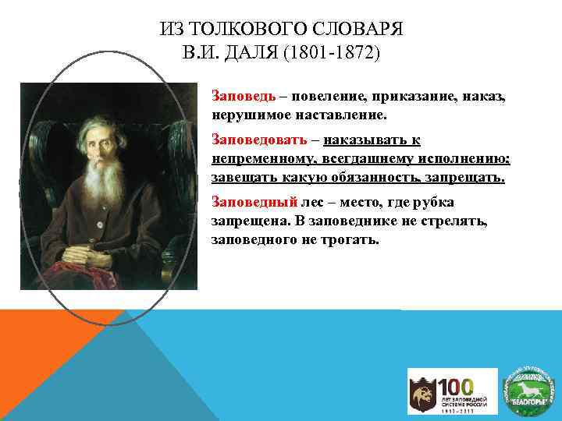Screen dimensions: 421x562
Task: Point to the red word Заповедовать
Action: (x=257, y=140)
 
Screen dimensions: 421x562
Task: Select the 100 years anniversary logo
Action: (x=453, y=391)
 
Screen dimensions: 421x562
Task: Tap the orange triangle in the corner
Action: (x=39, y=343)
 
